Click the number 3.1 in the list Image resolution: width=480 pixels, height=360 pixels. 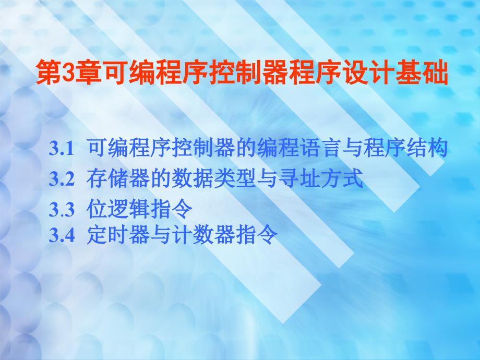pyautogui.click(x=62, y=149)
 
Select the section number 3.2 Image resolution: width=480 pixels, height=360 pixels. pyautogui.click(x=62, y=179)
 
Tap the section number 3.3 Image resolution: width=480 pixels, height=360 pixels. pyautogui.click(x=62, y=210)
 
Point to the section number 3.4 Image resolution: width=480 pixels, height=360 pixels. pyautogui.click(x=62, y=235)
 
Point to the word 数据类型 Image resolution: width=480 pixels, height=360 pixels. pyautogui.click(x=213, y=178)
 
